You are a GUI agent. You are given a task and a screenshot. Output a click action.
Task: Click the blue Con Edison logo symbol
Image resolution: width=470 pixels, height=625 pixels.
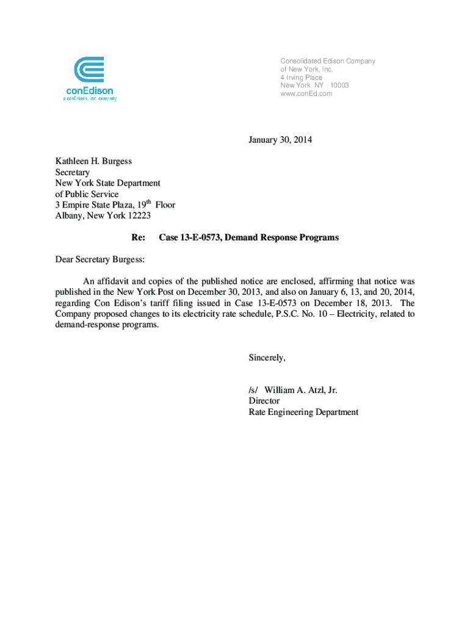click(89, 71)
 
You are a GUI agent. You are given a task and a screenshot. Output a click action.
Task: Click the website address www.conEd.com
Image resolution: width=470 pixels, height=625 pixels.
click(306, 93)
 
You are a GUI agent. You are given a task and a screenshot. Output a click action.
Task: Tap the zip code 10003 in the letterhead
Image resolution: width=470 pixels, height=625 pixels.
click(339, 85)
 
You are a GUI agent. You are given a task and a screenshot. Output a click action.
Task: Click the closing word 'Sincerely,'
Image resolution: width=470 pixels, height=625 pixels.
click(267, 358)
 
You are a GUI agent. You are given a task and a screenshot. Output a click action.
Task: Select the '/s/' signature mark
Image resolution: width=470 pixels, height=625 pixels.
click(253, 390)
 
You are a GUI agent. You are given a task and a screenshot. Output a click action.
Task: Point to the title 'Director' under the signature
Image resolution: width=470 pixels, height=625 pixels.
click(264, 401)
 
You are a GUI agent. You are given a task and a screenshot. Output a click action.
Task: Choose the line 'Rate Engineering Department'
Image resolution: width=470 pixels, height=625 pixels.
click(303, 412)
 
